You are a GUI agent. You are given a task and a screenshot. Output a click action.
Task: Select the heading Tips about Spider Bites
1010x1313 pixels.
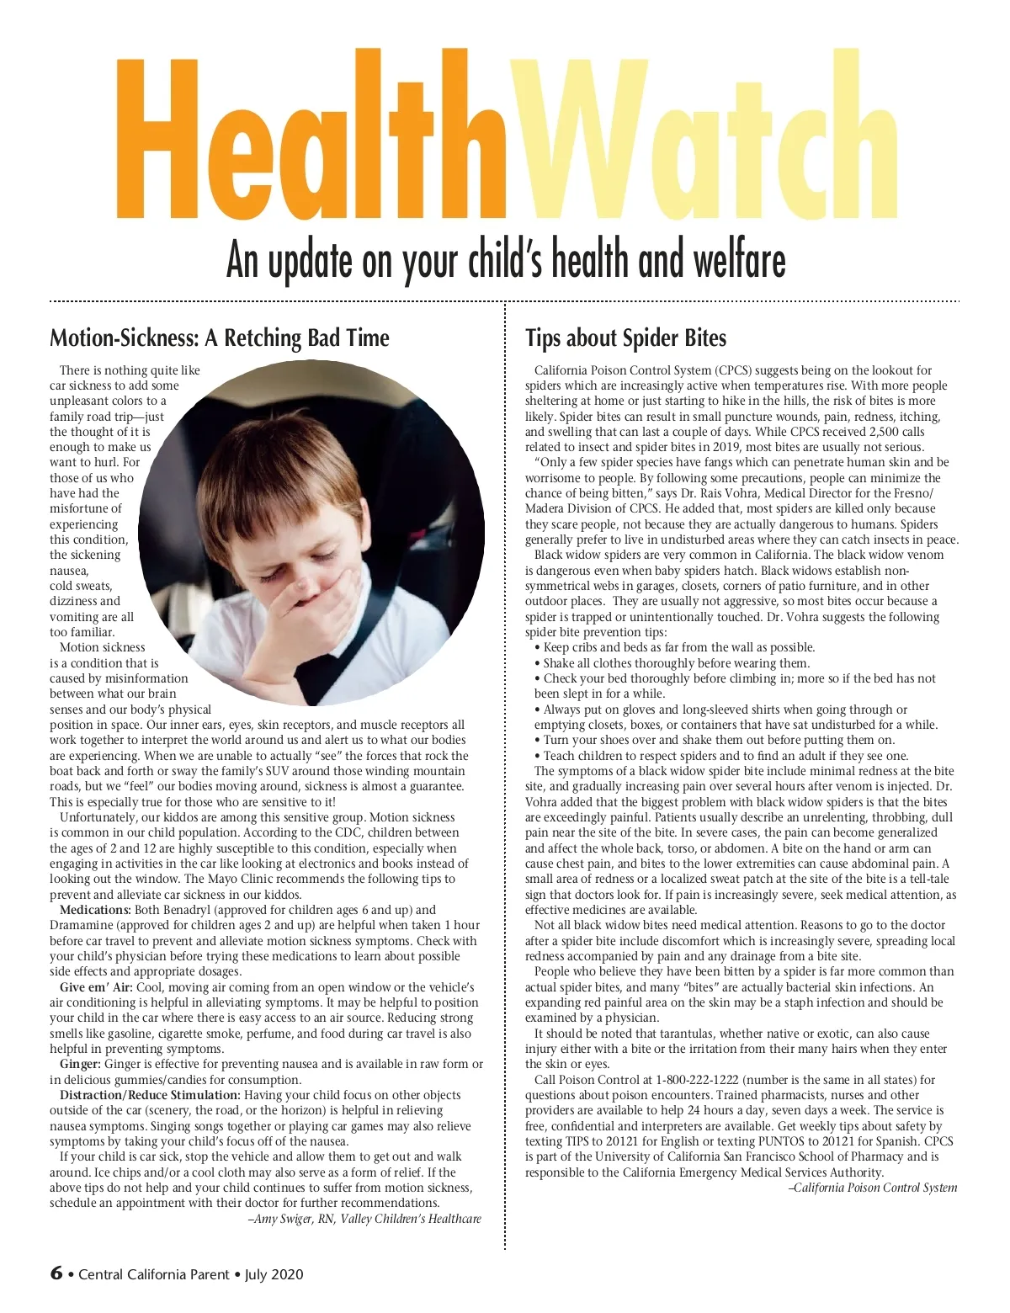tap(625, 338)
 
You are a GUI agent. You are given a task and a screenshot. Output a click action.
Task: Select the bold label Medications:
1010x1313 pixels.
tap(95, 910)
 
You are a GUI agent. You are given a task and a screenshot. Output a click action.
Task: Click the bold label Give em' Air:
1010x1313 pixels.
tap(96, 987)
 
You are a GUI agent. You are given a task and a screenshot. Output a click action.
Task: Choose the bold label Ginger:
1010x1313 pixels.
tap(80, 1065)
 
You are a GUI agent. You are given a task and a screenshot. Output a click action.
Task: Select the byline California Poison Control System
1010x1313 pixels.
tap(875, 1188)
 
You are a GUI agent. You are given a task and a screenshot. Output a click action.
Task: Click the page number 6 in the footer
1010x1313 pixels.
tap(56, 1273)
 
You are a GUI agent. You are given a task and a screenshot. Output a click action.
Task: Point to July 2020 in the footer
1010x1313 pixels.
tap(274, 1274)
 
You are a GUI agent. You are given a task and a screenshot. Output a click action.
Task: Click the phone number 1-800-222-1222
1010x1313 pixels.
tap(698, 1080)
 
